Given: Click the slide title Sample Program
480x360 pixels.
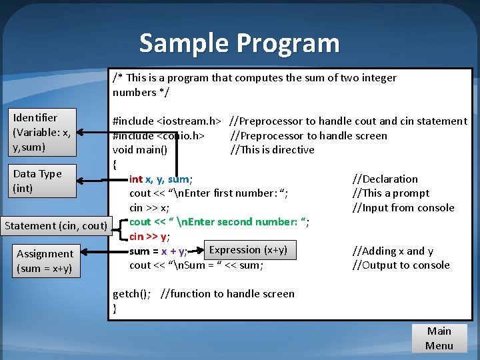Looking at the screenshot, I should tap(239, 43).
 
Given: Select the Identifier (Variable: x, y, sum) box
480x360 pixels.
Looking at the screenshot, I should tap(43, 132).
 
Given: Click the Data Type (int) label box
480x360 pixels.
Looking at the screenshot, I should tap(43, 181).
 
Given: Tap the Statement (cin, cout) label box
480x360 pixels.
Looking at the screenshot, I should tap(56, 225).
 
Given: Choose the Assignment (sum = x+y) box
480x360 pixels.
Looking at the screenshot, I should tap(45, 261).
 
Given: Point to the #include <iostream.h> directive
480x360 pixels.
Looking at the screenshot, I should tap(167, 121).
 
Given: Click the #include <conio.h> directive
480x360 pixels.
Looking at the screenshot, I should tap(159, 136).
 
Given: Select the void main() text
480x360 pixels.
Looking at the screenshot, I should tap(140, 150).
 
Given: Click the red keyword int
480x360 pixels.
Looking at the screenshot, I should tap(135, 179).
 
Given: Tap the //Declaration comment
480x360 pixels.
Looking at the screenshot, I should tap(385, 179).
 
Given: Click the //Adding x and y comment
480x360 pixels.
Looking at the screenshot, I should tap(393, 251).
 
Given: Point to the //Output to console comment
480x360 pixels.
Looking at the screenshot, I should tap(401, 265).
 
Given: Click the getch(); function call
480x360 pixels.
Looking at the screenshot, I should tap(131, 294).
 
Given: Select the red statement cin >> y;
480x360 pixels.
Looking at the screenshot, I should tap(149, 237).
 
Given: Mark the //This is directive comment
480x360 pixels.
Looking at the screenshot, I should tap(272, 150).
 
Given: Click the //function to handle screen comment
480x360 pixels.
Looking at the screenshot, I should tap(227, 294).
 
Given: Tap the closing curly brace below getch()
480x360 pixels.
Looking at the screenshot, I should tap(115, 309).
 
